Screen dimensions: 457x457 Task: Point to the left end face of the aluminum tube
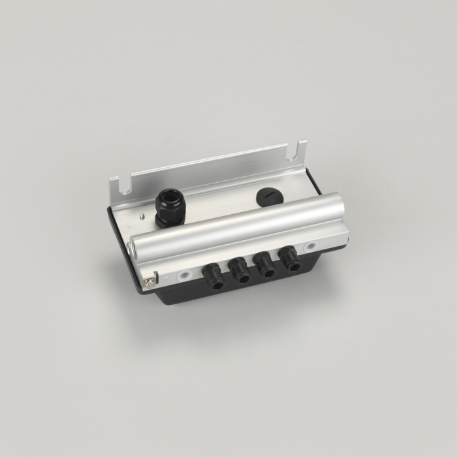tap(139, 249)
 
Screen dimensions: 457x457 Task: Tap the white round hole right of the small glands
tap(310, 246)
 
